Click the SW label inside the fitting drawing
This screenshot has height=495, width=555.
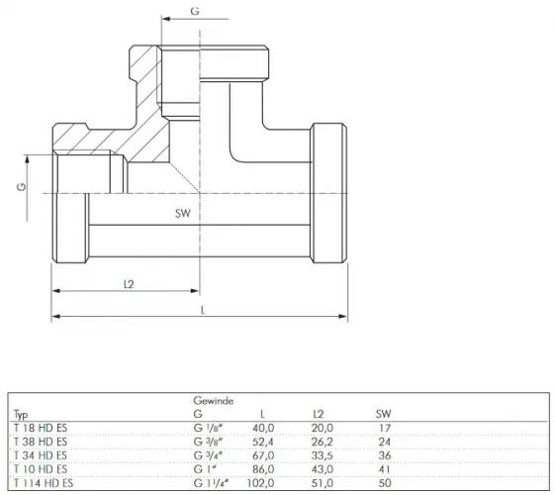[183, 213]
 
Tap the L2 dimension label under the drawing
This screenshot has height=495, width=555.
[129, 284]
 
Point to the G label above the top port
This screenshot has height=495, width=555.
[195, 11]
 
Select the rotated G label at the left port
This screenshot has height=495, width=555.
[22, 186]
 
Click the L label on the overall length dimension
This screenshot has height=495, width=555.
[203, 311]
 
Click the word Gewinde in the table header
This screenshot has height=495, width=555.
[214, 401]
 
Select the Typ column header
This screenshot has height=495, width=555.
[21, 414]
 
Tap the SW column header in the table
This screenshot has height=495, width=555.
[383, 413]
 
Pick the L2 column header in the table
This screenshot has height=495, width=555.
[319, 413]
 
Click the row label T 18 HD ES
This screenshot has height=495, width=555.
[41, 428]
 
